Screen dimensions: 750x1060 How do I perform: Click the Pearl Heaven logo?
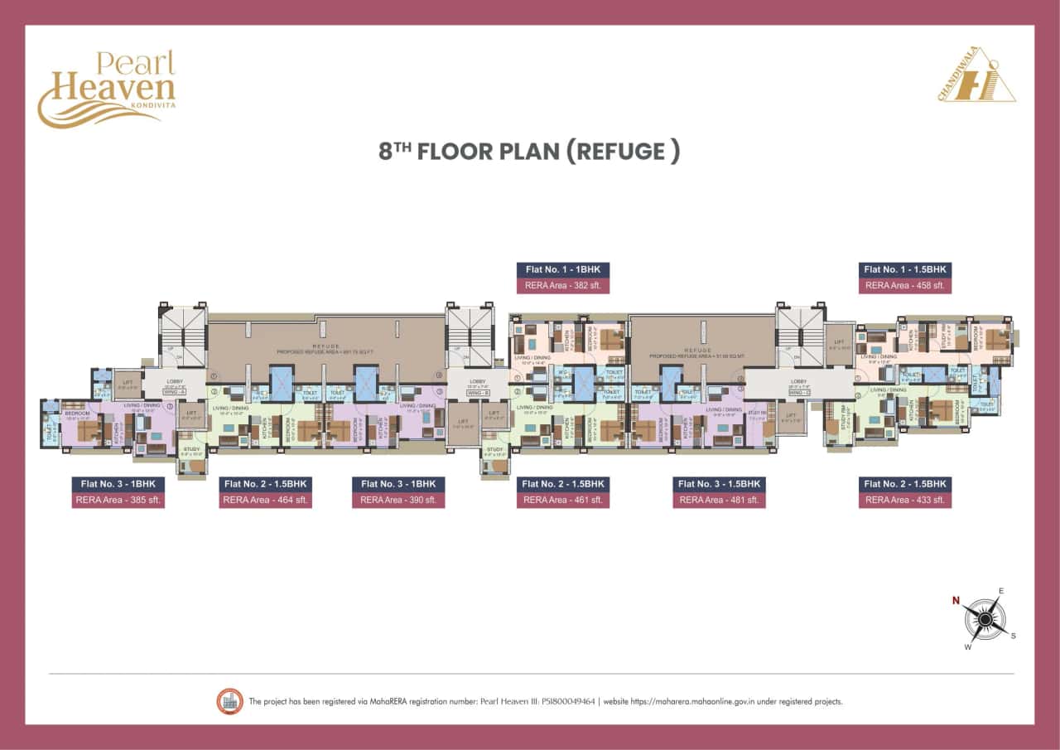(x=106, y=89)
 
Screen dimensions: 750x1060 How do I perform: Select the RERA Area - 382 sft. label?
(x=563, y=286)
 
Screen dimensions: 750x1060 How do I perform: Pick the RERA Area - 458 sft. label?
(x=904, y=286)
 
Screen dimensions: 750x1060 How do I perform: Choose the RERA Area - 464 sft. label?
(x=265, y=500)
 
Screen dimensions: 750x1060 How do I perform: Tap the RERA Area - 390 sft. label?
(x=398, y=500)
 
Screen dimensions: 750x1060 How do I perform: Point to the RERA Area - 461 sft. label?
(x=563, y=500)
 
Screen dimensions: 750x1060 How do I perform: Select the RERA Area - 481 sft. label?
(x=718, y=500)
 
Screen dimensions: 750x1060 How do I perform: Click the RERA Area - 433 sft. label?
(x=904, y=500)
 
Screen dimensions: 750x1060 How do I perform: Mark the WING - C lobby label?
(x=798, y=392)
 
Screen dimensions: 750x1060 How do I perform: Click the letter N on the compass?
(x=955, y=600)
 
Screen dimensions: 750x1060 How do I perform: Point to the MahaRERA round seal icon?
(x=229, y=701)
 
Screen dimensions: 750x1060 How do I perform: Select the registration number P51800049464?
(x=566, y=702)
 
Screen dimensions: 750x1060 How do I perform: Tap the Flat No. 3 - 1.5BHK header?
(x=718, y=484)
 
